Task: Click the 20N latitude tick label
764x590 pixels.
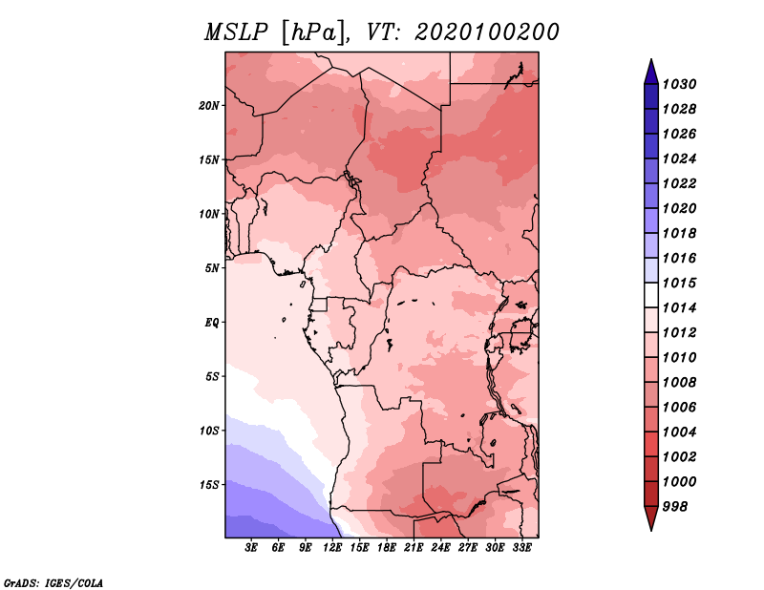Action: tap(208, 106)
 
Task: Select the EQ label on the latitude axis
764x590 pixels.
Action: tap(212, 323)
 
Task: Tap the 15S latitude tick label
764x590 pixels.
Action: tap(209, 485)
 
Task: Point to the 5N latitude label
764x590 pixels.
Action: tap(212, 268)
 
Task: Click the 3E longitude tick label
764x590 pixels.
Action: tap(251, 548)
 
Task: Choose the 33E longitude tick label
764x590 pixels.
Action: tap(521, 548)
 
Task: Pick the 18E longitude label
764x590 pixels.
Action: tap(387, 548)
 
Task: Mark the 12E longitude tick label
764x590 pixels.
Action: tap(332, 548)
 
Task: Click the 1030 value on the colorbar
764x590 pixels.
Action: tap(679, 84)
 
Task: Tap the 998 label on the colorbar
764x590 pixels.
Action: tap(675, 507)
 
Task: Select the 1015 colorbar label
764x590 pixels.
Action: tap(679, 283)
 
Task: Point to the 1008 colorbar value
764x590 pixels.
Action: tap(679, 383)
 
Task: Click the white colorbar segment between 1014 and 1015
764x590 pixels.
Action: tap(651, 295)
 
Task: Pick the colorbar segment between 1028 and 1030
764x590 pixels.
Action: tap(651, 96)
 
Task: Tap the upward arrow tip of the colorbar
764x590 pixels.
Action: tap(651, 59)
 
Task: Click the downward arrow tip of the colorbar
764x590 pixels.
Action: tap(651, 531)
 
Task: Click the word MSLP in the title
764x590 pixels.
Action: tap(236, 32)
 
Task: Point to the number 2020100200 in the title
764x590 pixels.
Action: tap(486, 32)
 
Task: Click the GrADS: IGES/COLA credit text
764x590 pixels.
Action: tap(53, 583)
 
